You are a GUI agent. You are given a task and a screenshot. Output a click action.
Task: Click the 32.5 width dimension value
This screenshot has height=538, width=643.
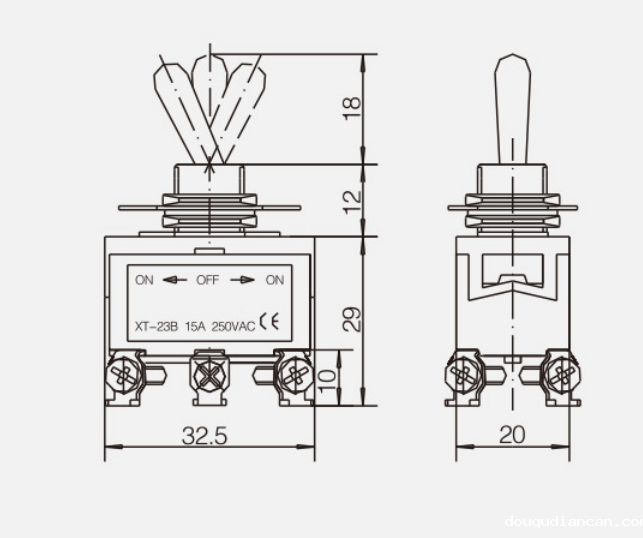click(205, 437)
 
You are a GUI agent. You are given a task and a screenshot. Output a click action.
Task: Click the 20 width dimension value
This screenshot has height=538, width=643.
click(511, 437)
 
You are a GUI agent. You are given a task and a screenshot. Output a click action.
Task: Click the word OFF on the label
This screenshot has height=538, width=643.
click(207, 280)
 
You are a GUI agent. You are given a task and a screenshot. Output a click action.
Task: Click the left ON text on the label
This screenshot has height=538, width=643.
click(145, 280)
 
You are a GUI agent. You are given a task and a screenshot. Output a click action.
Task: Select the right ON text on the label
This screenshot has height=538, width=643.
click(274, 280)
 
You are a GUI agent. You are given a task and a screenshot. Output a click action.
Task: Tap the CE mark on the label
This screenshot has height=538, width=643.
click(270, 322)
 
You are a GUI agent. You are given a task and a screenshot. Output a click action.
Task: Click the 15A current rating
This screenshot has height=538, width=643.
click(195, 323)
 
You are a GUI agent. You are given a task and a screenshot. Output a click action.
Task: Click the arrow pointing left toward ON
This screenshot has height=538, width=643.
click(175, 280)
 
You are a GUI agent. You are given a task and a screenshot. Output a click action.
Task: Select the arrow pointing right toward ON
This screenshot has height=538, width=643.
click(242, 280)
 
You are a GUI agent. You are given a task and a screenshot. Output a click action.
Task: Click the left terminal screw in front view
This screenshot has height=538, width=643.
click(122, 377)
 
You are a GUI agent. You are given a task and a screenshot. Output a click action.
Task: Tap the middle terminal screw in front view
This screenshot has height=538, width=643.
click(209, 377)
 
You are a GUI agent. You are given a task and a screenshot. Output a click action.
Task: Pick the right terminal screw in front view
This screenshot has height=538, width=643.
click(294, 377)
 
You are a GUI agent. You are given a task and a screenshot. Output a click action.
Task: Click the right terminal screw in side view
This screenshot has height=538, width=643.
click(560, 377)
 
